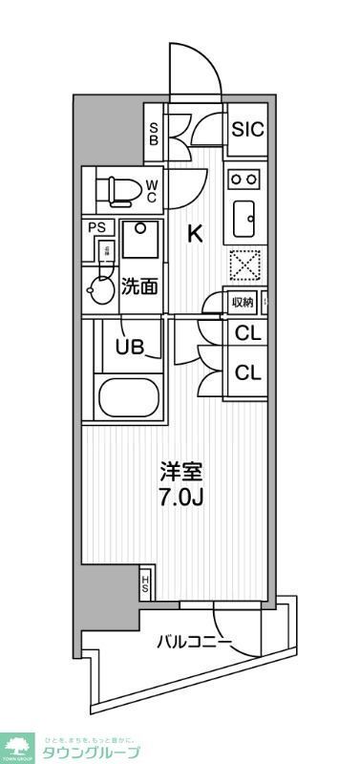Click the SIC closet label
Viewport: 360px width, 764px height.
(x=247, y=130)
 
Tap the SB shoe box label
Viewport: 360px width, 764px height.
(x=152, y=130)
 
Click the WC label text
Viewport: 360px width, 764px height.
(x=151, y=191)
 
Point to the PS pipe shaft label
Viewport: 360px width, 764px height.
(x=97, y=227)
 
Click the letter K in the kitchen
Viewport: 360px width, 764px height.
(x=195, y=234)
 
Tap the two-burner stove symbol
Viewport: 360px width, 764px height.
(x=244, y=179)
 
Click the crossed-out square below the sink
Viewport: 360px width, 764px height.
(x=244, y=262)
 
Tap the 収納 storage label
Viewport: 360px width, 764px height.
(x=243, y=303)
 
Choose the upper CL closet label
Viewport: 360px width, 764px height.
(x=247, y=334)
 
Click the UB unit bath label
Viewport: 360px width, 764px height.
(x=131, y=348)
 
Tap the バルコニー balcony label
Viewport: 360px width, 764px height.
(x=194, y=642)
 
